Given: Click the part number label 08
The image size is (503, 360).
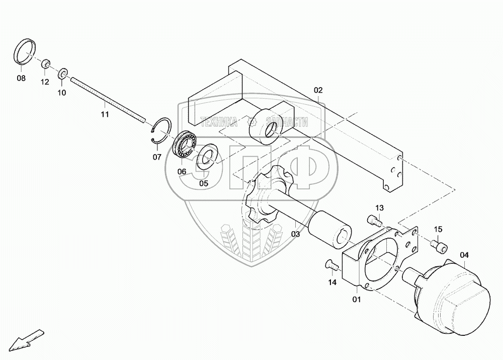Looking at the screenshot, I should pos(21,78).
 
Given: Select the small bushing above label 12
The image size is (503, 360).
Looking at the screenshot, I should pos(45,64).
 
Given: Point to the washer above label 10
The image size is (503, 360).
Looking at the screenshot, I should pos(63,74).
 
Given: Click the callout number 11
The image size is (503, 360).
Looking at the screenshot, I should pos(105,115).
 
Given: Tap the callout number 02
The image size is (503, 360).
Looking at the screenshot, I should pos(318,91).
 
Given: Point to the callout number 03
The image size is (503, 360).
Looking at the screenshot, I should pos(295,234).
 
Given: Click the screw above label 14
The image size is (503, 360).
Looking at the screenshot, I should pos(330,263).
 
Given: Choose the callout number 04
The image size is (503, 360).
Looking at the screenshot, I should pos(464,255).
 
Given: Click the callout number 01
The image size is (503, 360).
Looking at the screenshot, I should pos(357,301).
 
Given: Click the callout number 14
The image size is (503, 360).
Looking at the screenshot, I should pos(332,282).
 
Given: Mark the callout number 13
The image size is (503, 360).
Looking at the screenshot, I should pos(379,208).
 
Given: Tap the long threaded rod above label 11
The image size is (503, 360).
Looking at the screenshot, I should pos(108,98).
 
